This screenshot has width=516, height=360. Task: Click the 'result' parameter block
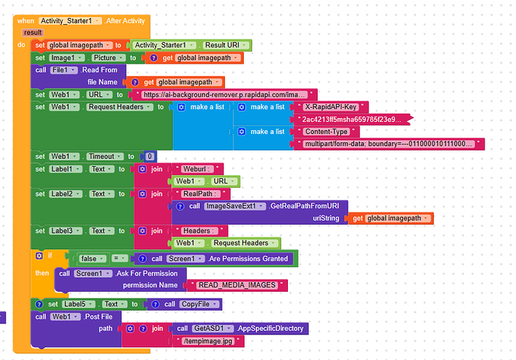(33, 32)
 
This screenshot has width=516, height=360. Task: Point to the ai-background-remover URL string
(224, 95)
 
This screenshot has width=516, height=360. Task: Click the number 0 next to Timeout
(150, 156)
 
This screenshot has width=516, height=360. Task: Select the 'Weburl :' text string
(191, 168)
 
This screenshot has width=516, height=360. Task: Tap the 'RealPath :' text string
(194, 193)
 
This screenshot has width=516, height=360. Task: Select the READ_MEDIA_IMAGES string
(237, 285)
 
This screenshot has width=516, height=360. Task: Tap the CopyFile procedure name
(200, 304)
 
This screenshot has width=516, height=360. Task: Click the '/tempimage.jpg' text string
(213, 341)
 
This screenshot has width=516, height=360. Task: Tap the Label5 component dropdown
(78, 305)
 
